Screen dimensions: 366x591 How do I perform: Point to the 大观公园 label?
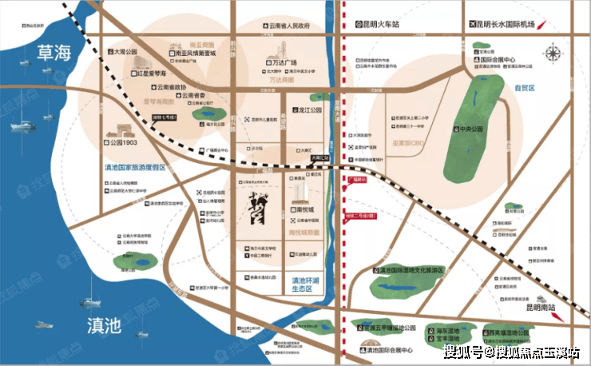pos(124,52)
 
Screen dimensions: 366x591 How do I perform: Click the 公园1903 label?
pos(126,143)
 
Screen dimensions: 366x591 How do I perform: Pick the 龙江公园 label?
pos(307,111)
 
